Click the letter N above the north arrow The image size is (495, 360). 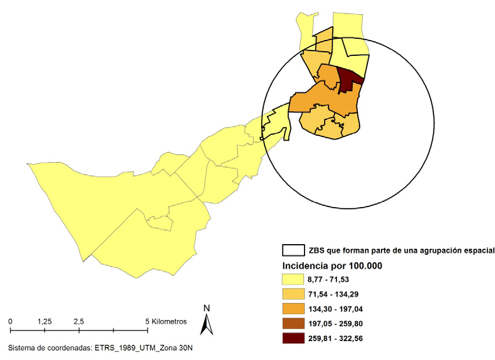coord(206,308)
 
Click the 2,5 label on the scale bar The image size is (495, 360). coord(79,322)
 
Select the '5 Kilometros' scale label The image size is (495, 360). coord(166,322)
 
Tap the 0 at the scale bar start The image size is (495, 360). coord(11,322)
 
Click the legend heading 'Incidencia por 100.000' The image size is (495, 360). coord(333,265)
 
